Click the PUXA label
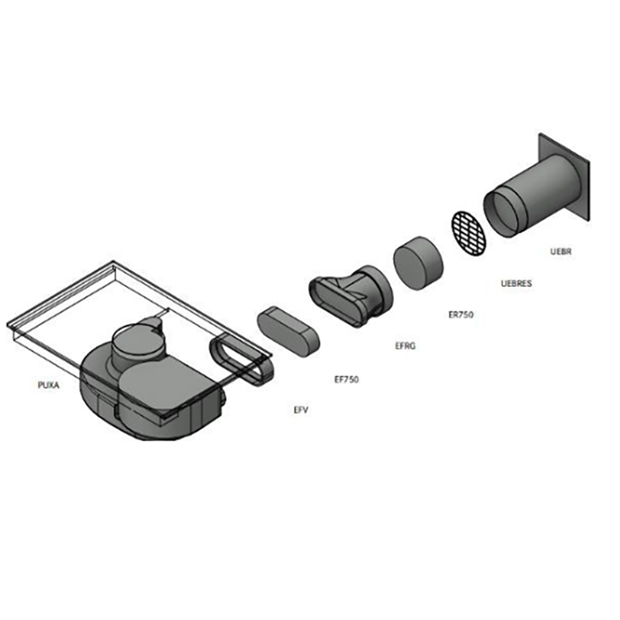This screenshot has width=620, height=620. pos(49,384)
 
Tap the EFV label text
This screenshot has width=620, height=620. pos(301,410)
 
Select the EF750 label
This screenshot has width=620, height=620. pos(347,379)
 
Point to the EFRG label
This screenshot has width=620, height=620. pos(406,345)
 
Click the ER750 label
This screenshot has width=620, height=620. pos(461,314)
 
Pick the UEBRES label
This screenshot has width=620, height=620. pos(516,283)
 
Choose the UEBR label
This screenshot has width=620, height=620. pos(561,252)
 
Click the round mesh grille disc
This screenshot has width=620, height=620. pos(469,233)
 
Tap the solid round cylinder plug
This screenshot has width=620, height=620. pos(418,263)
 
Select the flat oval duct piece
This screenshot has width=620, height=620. pos(288,331)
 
